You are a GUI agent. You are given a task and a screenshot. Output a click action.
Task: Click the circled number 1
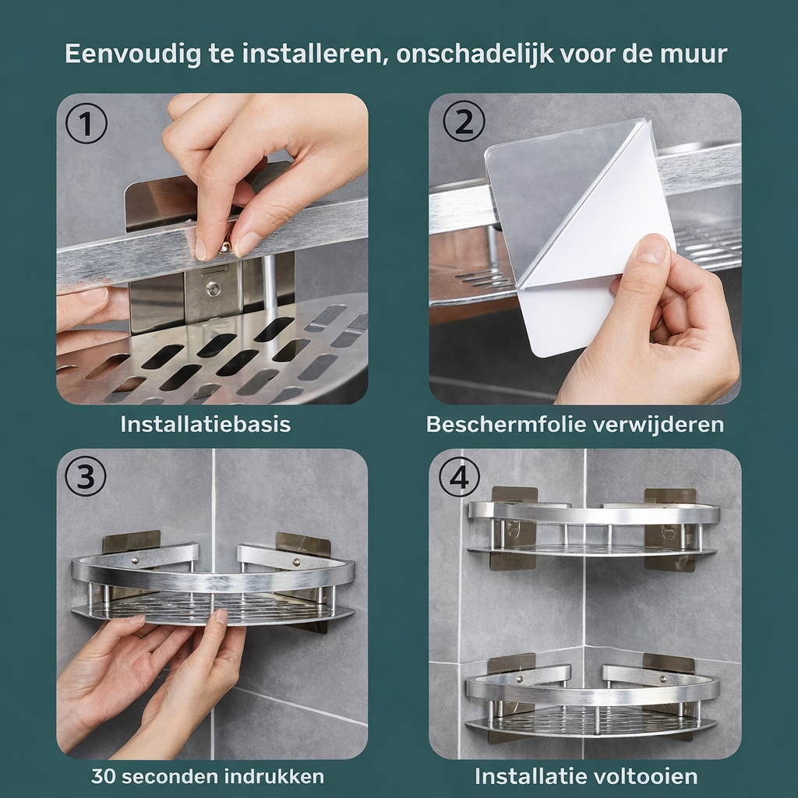86,122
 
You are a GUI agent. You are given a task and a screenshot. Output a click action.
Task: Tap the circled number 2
464,121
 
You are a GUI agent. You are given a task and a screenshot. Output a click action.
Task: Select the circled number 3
86,476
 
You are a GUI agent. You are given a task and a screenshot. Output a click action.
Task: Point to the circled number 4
460,478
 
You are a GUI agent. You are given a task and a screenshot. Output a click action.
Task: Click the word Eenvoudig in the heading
133,54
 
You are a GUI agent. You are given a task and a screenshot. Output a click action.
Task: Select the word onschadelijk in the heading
475,54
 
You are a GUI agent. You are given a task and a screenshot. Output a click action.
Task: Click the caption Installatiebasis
206,424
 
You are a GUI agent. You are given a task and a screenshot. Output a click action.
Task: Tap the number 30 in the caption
104,777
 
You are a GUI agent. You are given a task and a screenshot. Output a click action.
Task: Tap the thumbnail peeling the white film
651,251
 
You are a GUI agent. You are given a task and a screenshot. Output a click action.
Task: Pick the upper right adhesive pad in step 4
669,529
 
